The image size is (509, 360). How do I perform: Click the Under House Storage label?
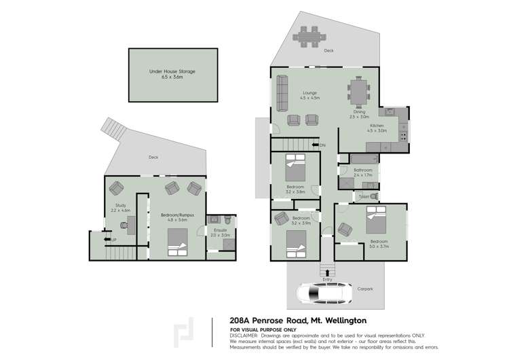coord(168,73)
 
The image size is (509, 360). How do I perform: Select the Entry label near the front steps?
coord(328,278)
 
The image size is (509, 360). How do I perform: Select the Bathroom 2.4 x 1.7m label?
coord(363,173)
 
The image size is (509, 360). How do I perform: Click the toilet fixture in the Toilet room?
coord(373,196)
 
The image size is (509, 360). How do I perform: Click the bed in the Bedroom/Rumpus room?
coord(177,242)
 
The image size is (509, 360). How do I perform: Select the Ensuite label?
coord(221,232)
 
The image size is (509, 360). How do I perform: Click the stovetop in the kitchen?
coord(403,134)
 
